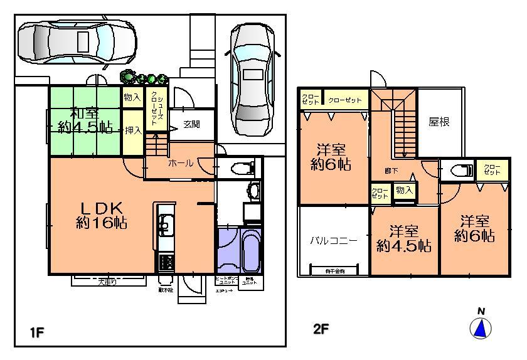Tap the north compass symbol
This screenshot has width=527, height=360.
[481, 327]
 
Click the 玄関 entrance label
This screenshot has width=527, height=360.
[193, 124]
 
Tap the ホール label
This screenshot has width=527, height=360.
[180, 163]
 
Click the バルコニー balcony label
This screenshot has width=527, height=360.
[333, 240]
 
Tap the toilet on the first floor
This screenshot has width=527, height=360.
[242, 167]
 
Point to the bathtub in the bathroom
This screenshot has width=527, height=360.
[245, 249]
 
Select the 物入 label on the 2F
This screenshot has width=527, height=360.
[404, 190]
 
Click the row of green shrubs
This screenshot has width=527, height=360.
[144, 78]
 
